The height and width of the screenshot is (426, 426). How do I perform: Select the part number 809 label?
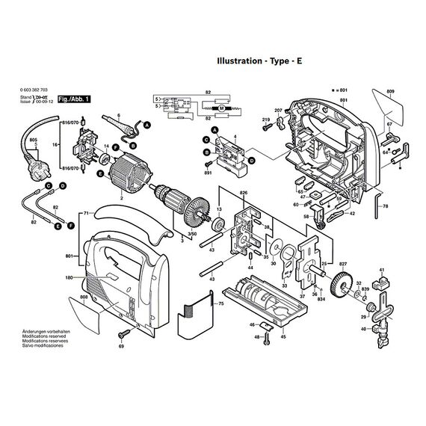(x=390, y=92)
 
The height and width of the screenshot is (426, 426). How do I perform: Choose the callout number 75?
(x=220, y=304)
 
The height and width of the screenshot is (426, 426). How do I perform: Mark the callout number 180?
(x=69, y=278)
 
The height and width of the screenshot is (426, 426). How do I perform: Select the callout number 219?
(x=265, y=120)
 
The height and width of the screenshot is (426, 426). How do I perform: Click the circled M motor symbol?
(x=221, y=108)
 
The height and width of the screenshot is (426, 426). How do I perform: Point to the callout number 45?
(x=283, y=336)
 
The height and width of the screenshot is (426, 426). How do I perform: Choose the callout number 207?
(x=278, y=111)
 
